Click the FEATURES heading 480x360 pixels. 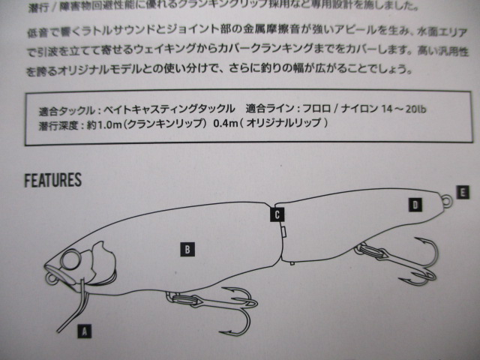(53, 180)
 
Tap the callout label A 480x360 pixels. (85, 331)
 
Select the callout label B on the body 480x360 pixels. (187, 250)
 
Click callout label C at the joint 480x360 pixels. (277, 214)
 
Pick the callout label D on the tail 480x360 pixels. (415, 205)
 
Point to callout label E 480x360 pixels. (463, 193)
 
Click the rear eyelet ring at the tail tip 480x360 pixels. (448, 200)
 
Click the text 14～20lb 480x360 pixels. (403, 109)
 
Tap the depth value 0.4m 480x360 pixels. (226, 123)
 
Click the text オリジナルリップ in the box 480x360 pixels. (283, 123)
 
